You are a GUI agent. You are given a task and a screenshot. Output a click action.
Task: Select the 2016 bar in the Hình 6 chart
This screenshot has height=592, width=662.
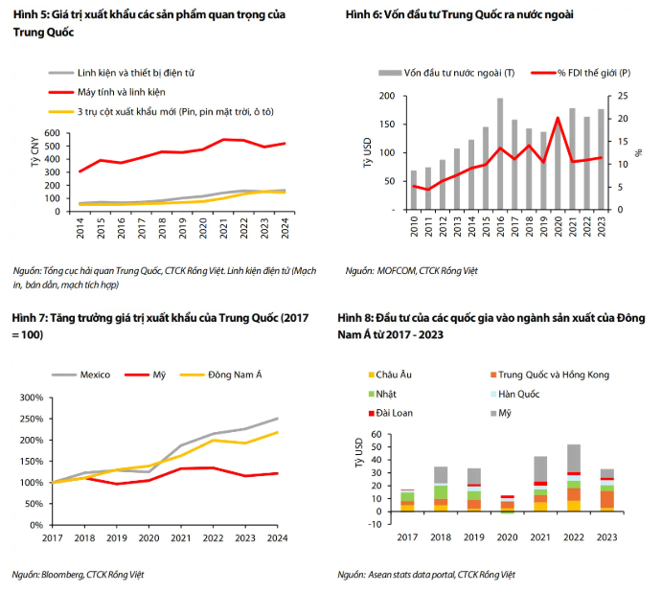point(500,153)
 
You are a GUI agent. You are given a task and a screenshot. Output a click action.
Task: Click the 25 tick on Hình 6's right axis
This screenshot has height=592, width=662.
point(623,96)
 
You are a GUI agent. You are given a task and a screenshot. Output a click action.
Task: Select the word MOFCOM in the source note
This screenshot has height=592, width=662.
point(394,272)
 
